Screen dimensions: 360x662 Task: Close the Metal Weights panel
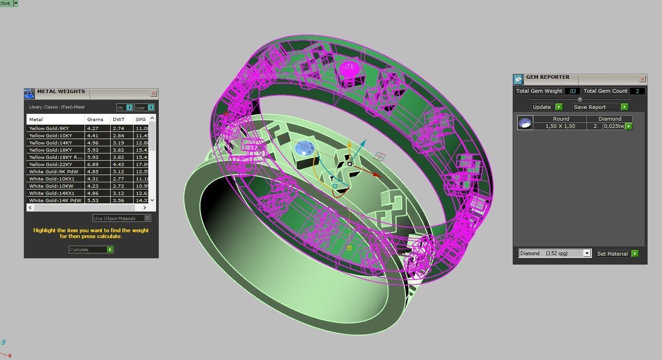(153, 94)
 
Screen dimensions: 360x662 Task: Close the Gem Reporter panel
(642, 79)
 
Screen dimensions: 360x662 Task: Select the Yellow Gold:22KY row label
(50, 164)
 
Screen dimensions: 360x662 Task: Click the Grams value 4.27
(93, 128)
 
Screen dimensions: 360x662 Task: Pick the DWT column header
(119, 119)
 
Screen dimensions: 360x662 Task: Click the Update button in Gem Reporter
(546, 107)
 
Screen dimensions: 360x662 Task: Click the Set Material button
(617, 254)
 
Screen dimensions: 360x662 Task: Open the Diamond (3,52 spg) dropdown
(586, 253)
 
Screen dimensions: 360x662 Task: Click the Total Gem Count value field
(637, 91)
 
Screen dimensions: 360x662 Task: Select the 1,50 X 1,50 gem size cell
(560, 126)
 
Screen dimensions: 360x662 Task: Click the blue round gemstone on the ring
(304, 148)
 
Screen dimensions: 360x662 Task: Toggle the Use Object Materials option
(147, 218)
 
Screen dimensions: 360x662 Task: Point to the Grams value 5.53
(93, 200)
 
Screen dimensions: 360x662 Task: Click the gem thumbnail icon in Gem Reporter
(525, 122)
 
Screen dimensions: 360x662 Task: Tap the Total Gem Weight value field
(573, 91)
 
